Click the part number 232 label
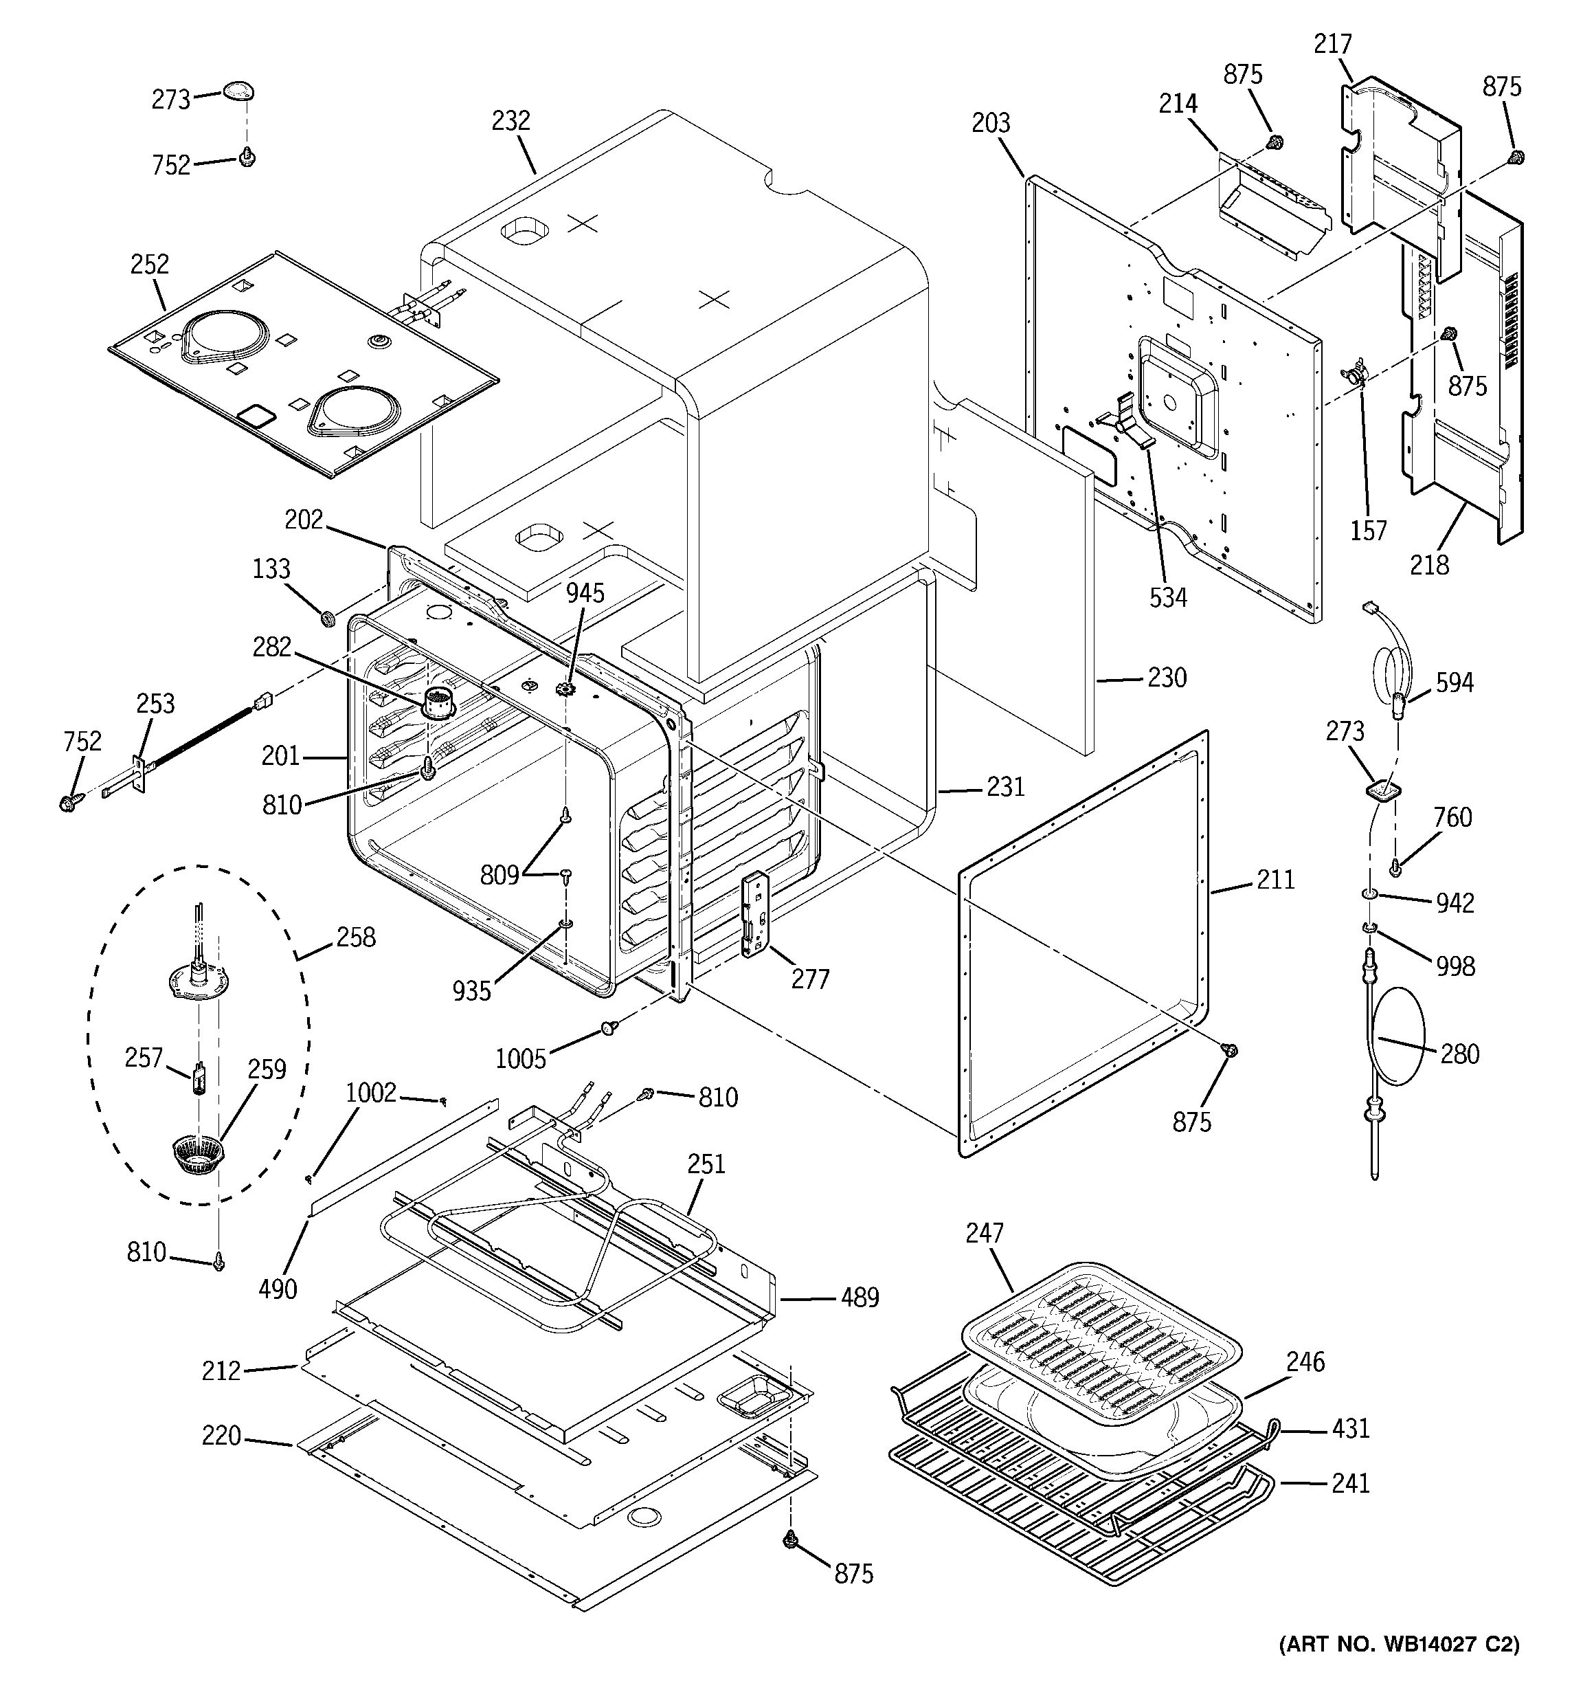[510, 121]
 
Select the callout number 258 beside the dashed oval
[355, 937]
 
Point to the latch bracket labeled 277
[754, 914]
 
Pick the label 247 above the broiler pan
[984, 1233]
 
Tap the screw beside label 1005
[610, 1027]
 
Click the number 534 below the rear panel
[1168, 597]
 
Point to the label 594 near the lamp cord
[1455, 682]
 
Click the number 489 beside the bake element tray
[860, 1298]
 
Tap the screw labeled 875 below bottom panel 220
[789, 1540]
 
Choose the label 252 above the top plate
[150, 265]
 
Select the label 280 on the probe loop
[1459, 1054]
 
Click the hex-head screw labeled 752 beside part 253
[67, 803]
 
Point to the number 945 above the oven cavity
[585, 593]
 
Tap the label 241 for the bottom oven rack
[1350, 1483]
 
